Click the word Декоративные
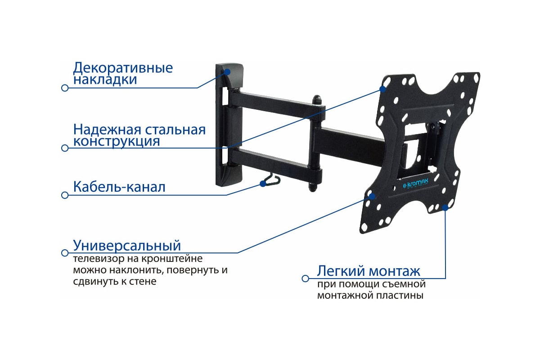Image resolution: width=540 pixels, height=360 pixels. pyautogui.click(x=123, y=68)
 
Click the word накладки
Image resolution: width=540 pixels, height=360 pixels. pyautogui.click(x=105, y=80)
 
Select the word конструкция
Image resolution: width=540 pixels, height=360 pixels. pyautogui.click(x=117, y=141)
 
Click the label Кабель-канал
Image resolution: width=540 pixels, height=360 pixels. pyautogui.click(x=119, y=187)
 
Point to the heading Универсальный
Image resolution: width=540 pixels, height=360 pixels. pyautogui.click(x=127, y=246)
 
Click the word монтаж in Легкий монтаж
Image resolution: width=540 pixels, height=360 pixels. pyautogui.click(x=394, y=271)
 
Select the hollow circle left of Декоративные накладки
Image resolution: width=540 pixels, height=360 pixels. pyautogui.click(x=65, y=88)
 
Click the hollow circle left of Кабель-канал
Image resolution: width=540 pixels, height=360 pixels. pyautogui.click(x=65, y=195)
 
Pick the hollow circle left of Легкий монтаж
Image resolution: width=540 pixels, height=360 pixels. pyautogui.click(x=305, y=279)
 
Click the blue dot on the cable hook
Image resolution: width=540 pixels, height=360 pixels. pyautogui.click(x=262, y=183)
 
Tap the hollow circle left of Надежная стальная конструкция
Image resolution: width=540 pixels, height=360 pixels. pyautogui.click(x=65, y=148)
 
